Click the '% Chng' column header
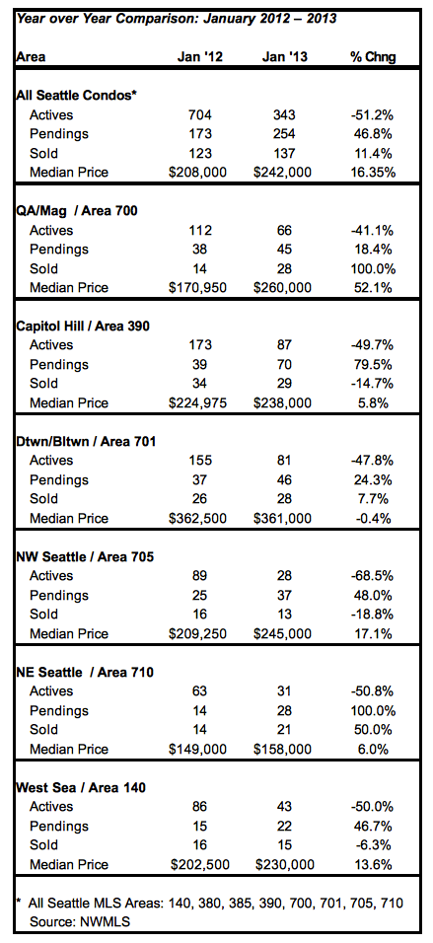coord(373,57)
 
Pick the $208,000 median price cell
coord(198,173)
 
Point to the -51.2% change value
coord(373,114)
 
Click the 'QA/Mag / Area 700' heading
coord(79,211)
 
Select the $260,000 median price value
coord(283,288)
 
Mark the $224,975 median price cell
coord(198,402)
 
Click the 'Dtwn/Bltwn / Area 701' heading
coord(86,442)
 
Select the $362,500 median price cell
coord(198,519)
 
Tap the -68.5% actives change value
coord(373,576)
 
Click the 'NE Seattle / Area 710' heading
coord(85,673)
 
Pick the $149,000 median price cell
coord(198,750)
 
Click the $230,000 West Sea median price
coord(283,865)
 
